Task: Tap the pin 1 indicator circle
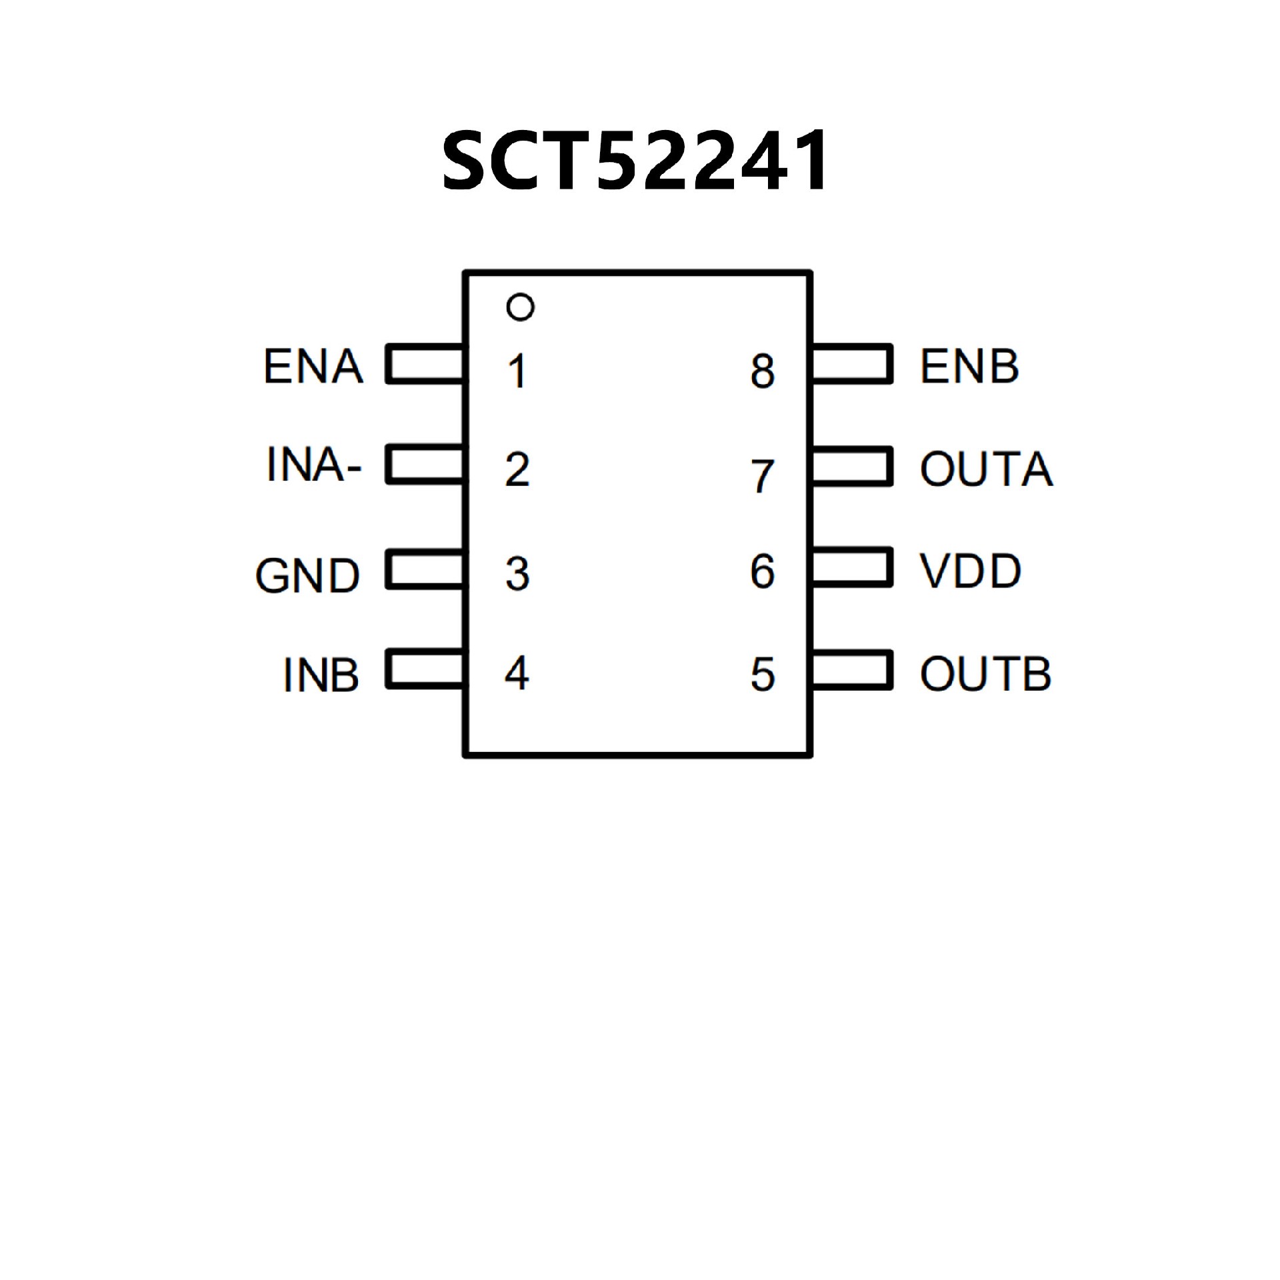520,307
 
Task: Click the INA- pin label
313,465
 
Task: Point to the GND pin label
307,575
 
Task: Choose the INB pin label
321,675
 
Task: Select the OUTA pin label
986,469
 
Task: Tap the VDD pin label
970,571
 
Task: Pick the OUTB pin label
985,674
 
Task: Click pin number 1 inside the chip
517,371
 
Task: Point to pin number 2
517,470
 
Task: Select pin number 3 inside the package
517,573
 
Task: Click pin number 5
763,675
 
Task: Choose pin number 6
763,571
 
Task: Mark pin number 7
763,476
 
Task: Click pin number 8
763,371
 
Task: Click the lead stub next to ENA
425,364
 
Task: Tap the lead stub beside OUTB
852,670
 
